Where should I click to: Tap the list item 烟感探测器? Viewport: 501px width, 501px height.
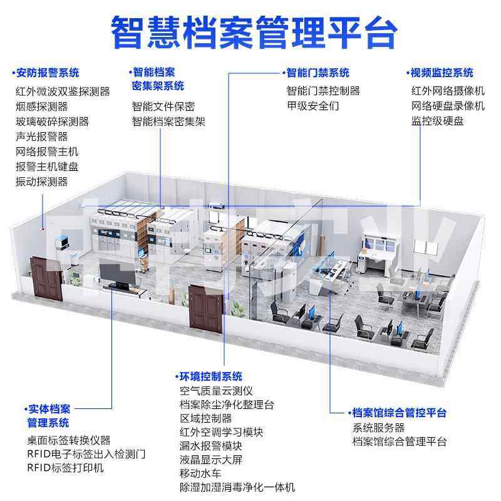[41, 106]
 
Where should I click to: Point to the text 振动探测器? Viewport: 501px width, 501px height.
[41, 182]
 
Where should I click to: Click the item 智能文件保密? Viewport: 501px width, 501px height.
[163, 106]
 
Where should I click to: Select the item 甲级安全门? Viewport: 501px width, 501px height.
[312, 106]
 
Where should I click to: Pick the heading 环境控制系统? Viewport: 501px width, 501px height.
[210, 376]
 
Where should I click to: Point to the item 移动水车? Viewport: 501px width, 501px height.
[200, 473]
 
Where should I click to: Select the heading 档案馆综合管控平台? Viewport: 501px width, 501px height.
[398, 413]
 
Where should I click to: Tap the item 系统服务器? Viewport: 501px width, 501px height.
[378, 428]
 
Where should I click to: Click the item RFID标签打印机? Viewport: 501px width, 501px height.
[65, 468]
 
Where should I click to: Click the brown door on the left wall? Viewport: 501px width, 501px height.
[49, 276]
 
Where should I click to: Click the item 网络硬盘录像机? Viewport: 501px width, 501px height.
[448, 106]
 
